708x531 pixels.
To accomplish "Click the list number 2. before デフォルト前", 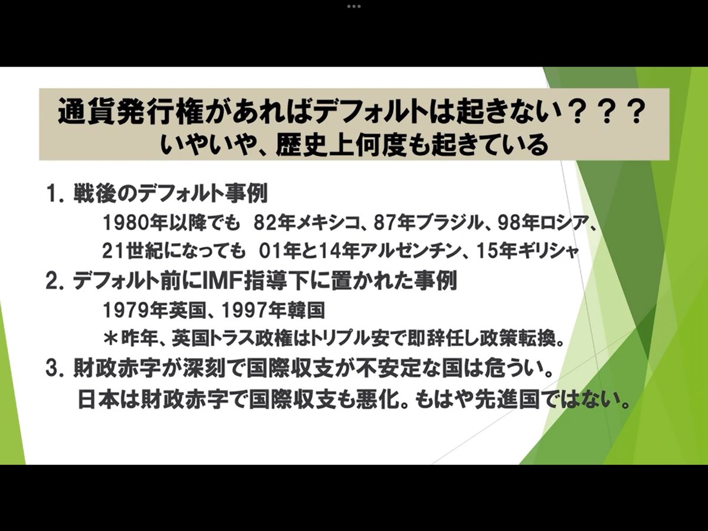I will [55, 280].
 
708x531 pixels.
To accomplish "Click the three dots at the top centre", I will [354, 6].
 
